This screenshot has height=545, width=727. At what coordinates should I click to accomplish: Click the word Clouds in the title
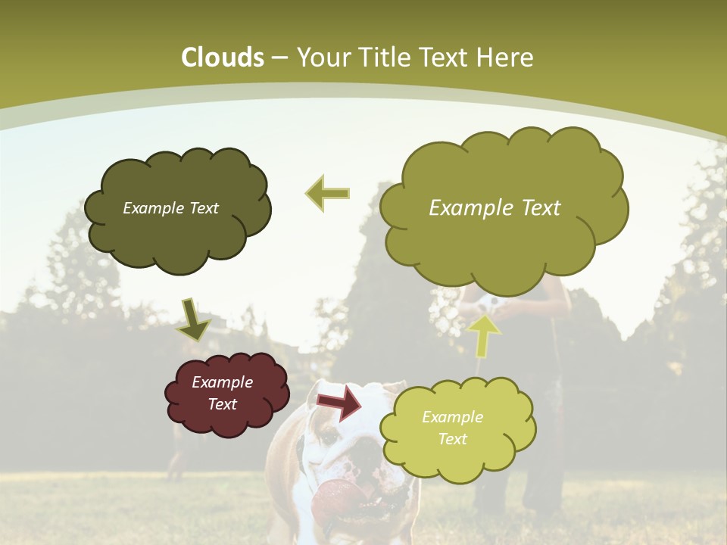[x=223, y=58]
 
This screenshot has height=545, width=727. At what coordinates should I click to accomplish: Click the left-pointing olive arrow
[x=328, y=193]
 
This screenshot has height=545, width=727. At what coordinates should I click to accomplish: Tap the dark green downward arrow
[x=193, y=319]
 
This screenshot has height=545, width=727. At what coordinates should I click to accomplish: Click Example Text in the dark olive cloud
[x=170, y=208]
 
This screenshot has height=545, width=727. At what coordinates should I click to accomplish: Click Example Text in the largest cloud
[x=495, y=208]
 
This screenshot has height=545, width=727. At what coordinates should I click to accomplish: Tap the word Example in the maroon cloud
[x=222, y=382]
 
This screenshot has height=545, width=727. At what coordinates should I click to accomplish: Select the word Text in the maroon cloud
[x=222, y=404]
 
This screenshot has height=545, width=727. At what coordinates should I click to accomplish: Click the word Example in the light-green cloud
[x=452, y=417]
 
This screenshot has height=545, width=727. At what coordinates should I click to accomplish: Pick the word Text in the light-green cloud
[x=452, y=439]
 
